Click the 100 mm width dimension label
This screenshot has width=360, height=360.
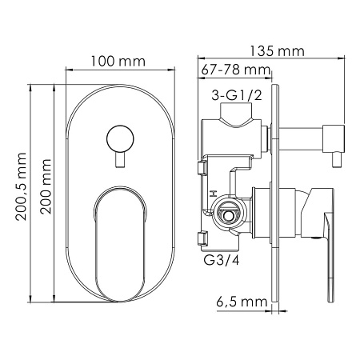[x=118, y=62]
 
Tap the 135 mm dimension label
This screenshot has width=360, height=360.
[x=277, y=51]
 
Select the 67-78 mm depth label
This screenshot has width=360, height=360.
[x=236, y=70]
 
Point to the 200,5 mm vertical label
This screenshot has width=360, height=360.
[x=21, y=186]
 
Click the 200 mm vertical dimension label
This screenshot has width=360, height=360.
[x=46, y=186]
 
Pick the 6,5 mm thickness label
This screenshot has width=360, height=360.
[x=242, y=302]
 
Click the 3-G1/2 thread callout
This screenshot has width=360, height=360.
[x=237, y=95]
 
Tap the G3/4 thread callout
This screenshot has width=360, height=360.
[x=222, y=260]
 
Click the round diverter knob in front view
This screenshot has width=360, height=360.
[x=120, y=139]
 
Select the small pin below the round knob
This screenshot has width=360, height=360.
[x=120, y=160]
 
